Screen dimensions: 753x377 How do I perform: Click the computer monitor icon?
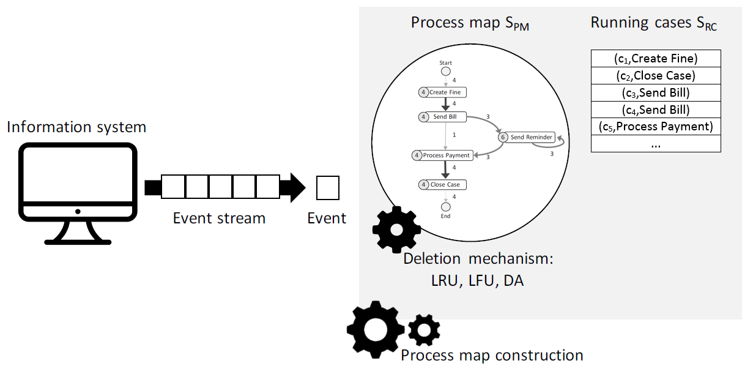78,193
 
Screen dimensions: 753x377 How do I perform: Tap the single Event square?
328,188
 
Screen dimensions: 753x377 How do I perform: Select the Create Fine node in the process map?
442,92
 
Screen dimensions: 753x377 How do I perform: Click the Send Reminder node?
527,137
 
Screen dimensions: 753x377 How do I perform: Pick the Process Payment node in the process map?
442,155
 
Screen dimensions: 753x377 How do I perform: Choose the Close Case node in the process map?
442,185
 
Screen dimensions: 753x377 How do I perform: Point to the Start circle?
446,71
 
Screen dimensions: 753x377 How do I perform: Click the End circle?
446,207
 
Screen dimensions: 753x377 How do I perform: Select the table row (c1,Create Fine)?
656,59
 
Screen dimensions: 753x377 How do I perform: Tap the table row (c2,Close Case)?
656,76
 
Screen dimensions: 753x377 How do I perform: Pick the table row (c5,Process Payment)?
656,127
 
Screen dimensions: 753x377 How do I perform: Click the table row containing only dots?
656,144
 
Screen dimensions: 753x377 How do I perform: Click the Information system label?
76,127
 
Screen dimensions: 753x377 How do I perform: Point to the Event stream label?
219,218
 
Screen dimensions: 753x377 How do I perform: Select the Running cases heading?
653,23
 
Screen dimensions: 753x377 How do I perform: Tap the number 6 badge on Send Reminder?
503,137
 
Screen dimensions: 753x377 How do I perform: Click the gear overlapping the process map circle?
396,230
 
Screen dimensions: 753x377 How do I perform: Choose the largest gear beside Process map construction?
376,330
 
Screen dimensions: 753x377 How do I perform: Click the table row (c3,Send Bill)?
656,93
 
